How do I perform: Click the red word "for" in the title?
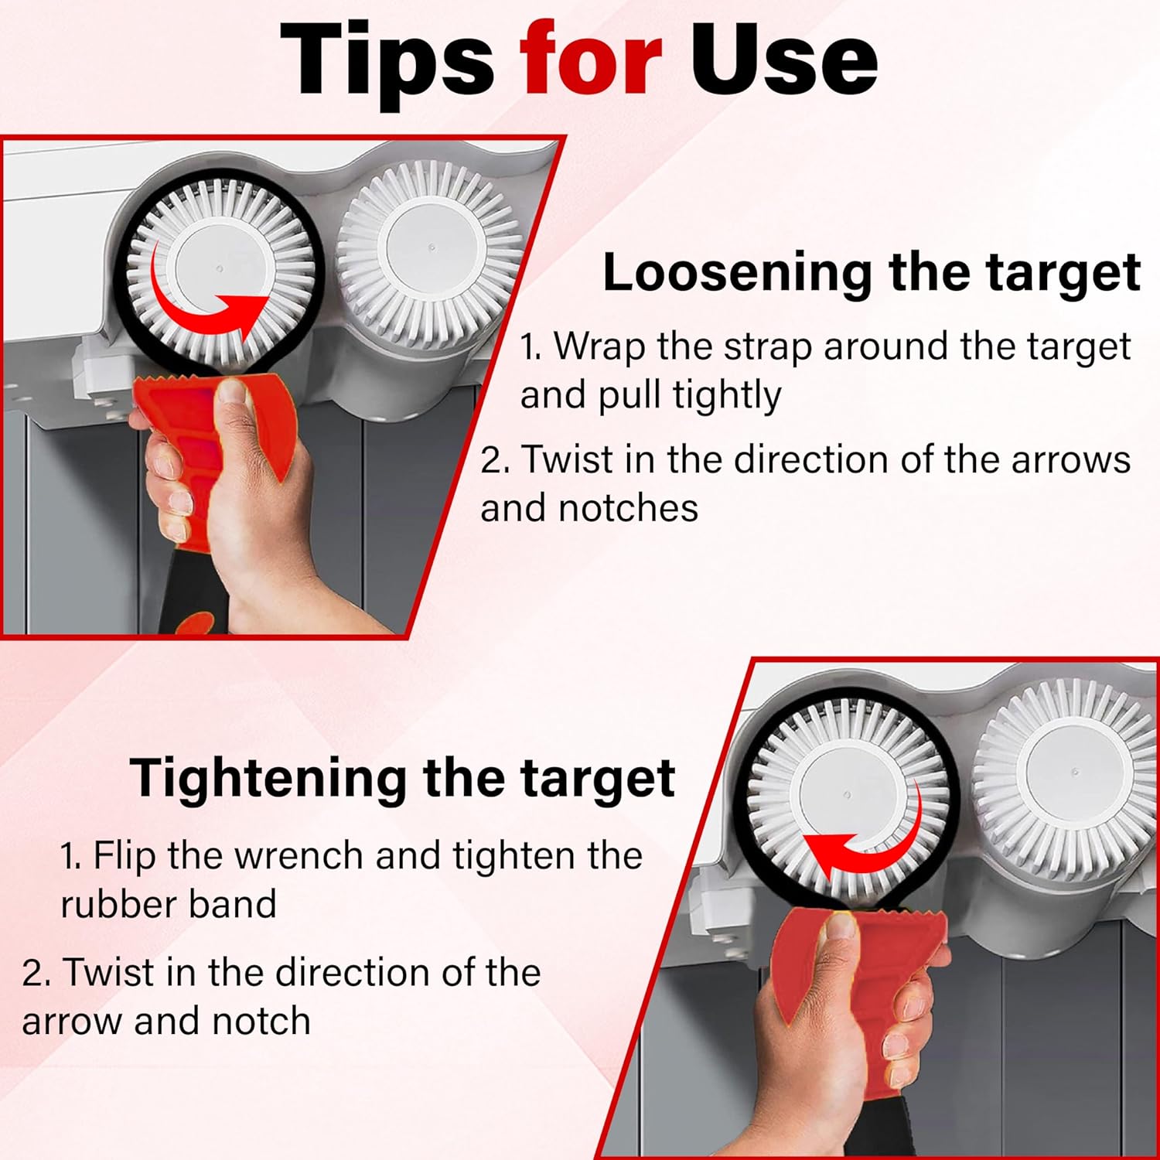click(x=591, y=60)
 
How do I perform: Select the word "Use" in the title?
click(x=783, y=60)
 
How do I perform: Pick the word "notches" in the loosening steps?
click(x=628, y=508)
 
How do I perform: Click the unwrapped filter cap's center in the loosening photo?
click(x=430, y=248)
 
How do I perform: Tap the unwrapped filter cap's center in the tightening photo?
click(x=1075, y=772)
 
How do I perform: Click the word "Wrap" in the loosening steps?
click(x=600, y=347)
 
